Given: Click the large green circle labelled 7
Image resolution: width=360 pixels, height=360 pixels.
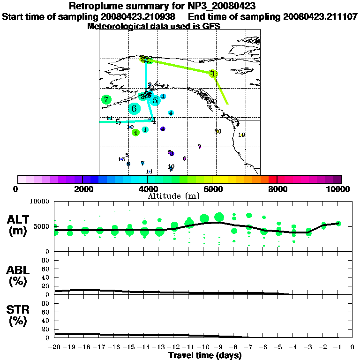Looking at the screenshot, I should click(x=106, y=99).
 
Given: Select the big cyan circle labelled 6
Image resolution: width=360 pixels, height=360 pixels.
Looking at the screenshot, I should click(x=135, y=109).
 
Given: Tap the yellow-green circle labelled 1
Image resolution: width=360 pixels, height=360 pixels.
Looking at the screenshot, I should click(x=214, y=74).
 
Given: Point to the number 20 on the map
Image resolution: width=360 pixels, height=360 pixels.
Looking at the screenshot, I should click(x=218, y=131).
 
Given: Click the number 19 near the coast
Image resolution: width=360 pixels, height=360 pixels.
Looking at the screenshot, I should click(x=241, y=135).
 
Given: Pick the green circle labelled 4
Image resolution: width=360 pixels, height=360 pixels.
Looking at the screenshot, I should click(x=135, y=133).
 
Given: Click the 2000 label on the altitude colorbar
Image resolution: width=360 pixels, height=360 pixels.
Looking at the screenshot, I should click(x=82, y=189).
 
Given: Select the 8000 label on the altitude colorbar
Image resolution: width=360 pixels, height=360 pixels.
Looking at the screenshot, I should click(x=277, y=189).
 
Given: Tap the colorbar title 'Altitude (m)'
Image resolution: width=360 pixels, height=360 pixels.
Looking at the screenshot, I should click(x=167, y=195).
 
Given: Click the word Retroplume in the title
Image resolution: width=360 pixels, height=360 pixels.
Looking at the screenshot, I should click(x=97, y=6).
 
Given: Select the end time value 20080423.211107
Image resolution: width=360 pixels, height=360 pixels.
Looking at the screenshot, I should click(x=320, y=16).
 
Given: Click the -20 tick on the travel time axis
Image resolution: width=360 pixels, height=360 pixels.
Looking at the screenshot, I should click(x=55, y=347).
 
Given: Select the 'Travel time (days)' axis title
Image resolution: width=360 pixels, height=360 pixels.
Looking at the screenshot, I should click(x=205, y=355).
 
